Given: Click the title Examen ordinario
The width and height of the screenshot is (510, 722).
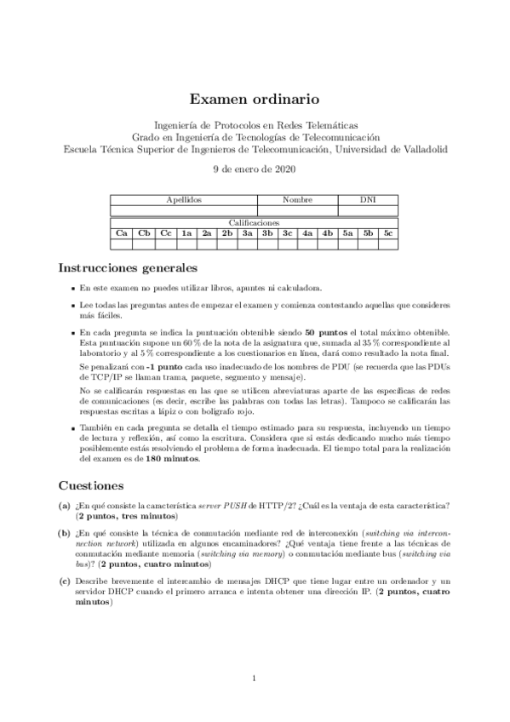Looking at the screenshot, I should [x=255, y=99].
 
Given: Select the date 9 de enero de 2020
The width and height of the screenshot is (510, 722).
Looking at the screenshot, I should [x=255, y=169].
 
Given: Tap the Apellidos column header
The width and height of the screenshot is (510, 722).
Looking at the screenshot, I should [x=184, y=199].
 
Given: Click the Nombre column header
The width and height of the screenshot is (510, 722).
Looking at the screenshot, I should [x=297, y=199].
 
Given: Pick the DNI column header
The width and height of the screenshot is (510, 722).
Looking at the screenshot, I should [x=368, y=199].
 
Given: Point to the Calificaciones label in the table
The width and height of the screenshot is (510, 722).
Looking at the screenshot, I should [x=255, y=222].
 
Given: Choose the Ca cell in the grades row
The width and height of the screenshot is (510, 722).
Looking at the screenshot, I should [x=122, y=232].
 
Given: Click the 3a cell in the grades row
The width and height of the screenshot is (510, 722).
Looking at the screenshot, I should [x=247, y=232].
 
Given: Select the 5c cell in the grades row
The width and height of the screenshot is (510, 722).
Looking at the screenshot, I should [x=387, y=232].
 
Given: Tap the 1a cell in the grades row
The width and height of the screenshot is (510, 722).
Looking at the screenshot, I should [x=186, y=232].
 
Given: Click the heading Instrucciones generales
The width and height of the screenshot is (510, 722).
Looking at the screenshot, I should [x=128, y=267].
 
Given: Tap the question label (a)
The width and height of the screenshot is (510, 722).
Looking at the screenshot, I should [x=65, y=506].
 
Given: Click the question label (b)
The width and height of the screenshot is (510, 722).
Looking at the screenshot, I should [x=65, y=533].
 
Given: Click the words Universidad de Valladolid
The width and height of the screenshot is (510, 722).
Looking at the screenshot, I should [x=390, y=149].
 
